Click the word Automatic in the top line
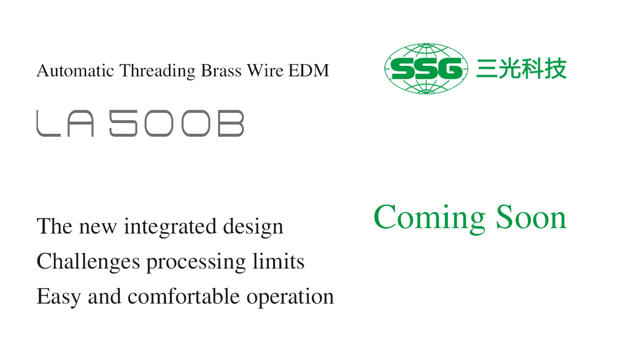coord(75,70)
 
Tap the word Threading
coord(157,71)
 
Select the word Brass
coord(221,70)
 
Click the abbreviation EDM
coord(309,70)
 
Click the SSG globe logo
coord(426,69)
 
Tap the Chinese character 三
coord(486,69)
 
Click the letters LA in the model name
coord(65,123)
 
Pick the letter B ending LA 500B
coord(231,123)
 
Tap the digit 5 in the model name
coord(124,123)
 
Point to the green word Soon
coord(531,217)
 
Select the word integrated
coord(170,227)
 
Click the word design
coord(253,227)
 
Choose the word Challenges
coord(88,262)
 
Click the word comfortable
coord(184,296)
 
